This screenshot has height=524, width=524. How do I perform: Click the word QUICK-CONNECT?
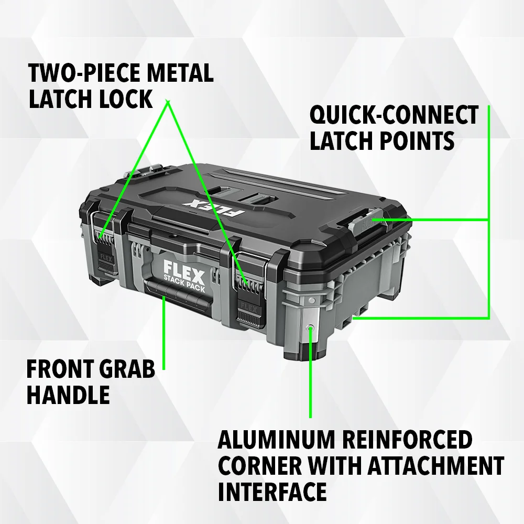tap(394, 115)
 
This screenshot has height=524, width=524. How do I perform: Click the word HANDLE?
tap(68, 395)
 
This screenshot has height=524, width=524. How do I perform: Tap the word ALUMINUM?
tap(276, 440)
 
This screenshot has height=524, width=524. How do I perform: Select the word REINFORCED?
tap(408, 440)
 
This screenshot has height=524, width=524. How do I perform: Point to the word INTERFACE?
tap(272, 491)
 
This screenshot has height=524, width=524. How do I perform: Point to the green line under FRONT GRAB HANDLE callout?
tap(163, 333)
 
